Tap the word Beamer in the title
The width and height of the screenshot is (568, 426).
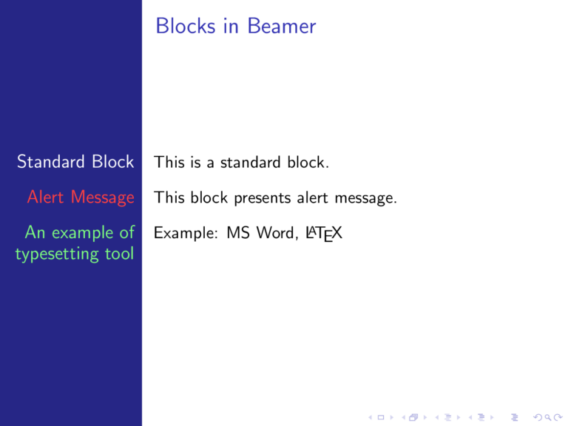(x=282, y=27)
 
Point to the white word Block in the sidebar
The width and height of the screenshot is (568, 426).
(x=113, y=162)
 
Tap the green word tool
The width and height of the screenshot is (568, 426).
(x=118, y=254)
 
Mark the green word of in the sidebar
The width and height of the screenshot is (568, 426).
(x=126, y=233)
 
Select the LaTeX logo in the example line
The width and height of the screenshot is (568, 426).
(x=324, y=234)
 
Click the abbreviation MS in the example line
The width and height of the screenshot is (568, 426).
(x=238, y=234)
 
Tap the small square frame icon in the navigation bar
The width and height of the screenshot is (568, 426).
(x=380, y=418)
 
